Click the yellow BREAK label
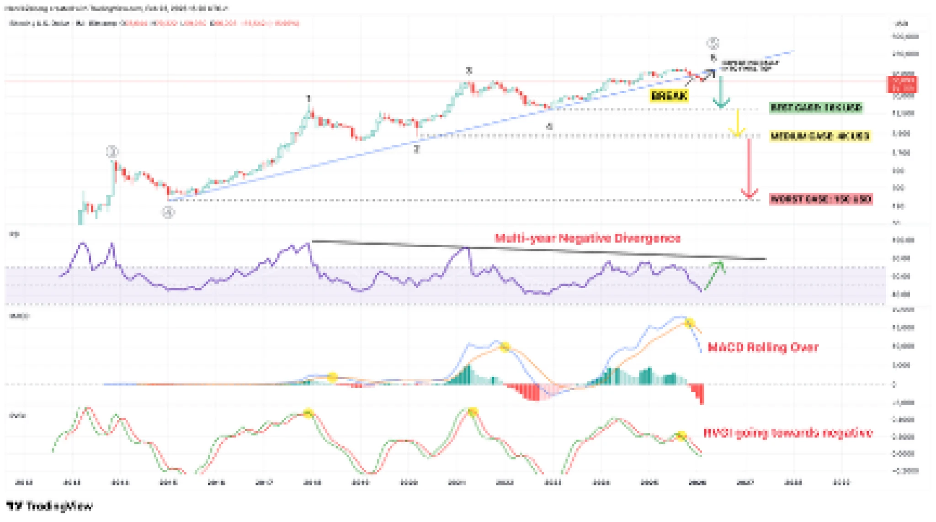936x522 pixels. (x=669, y=96)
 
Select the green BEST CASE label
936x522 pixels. (x=816, y=108)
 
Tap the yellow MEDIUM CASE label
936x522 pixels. (x=820, y=136)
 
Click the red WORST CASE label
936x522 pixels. (x=821, y=199)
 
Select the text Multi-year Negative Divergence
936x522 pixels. (x=588, y=238)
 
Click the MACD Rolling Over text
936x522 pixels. (x=763, y=348)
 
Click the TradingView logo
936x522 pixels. (x=50, y=506)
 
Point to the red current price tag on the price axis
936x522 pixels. (x=902, y=84)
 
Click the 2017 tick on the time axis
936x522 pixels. (x=264, y=482)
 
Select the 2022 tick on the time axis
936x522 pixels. (x=505, y=482)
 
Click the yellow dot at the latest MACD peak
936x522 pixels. (x=689, y=323)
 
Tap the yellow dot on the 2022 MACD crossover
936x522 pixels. (x=504, y=347)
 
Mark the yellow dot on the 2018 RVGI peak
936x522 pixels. (x=308, y=413)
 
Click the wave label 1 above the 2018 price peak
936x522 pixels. (x=308, y=99)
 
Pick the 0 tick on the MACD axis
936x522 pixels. (x=894, y=385)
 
